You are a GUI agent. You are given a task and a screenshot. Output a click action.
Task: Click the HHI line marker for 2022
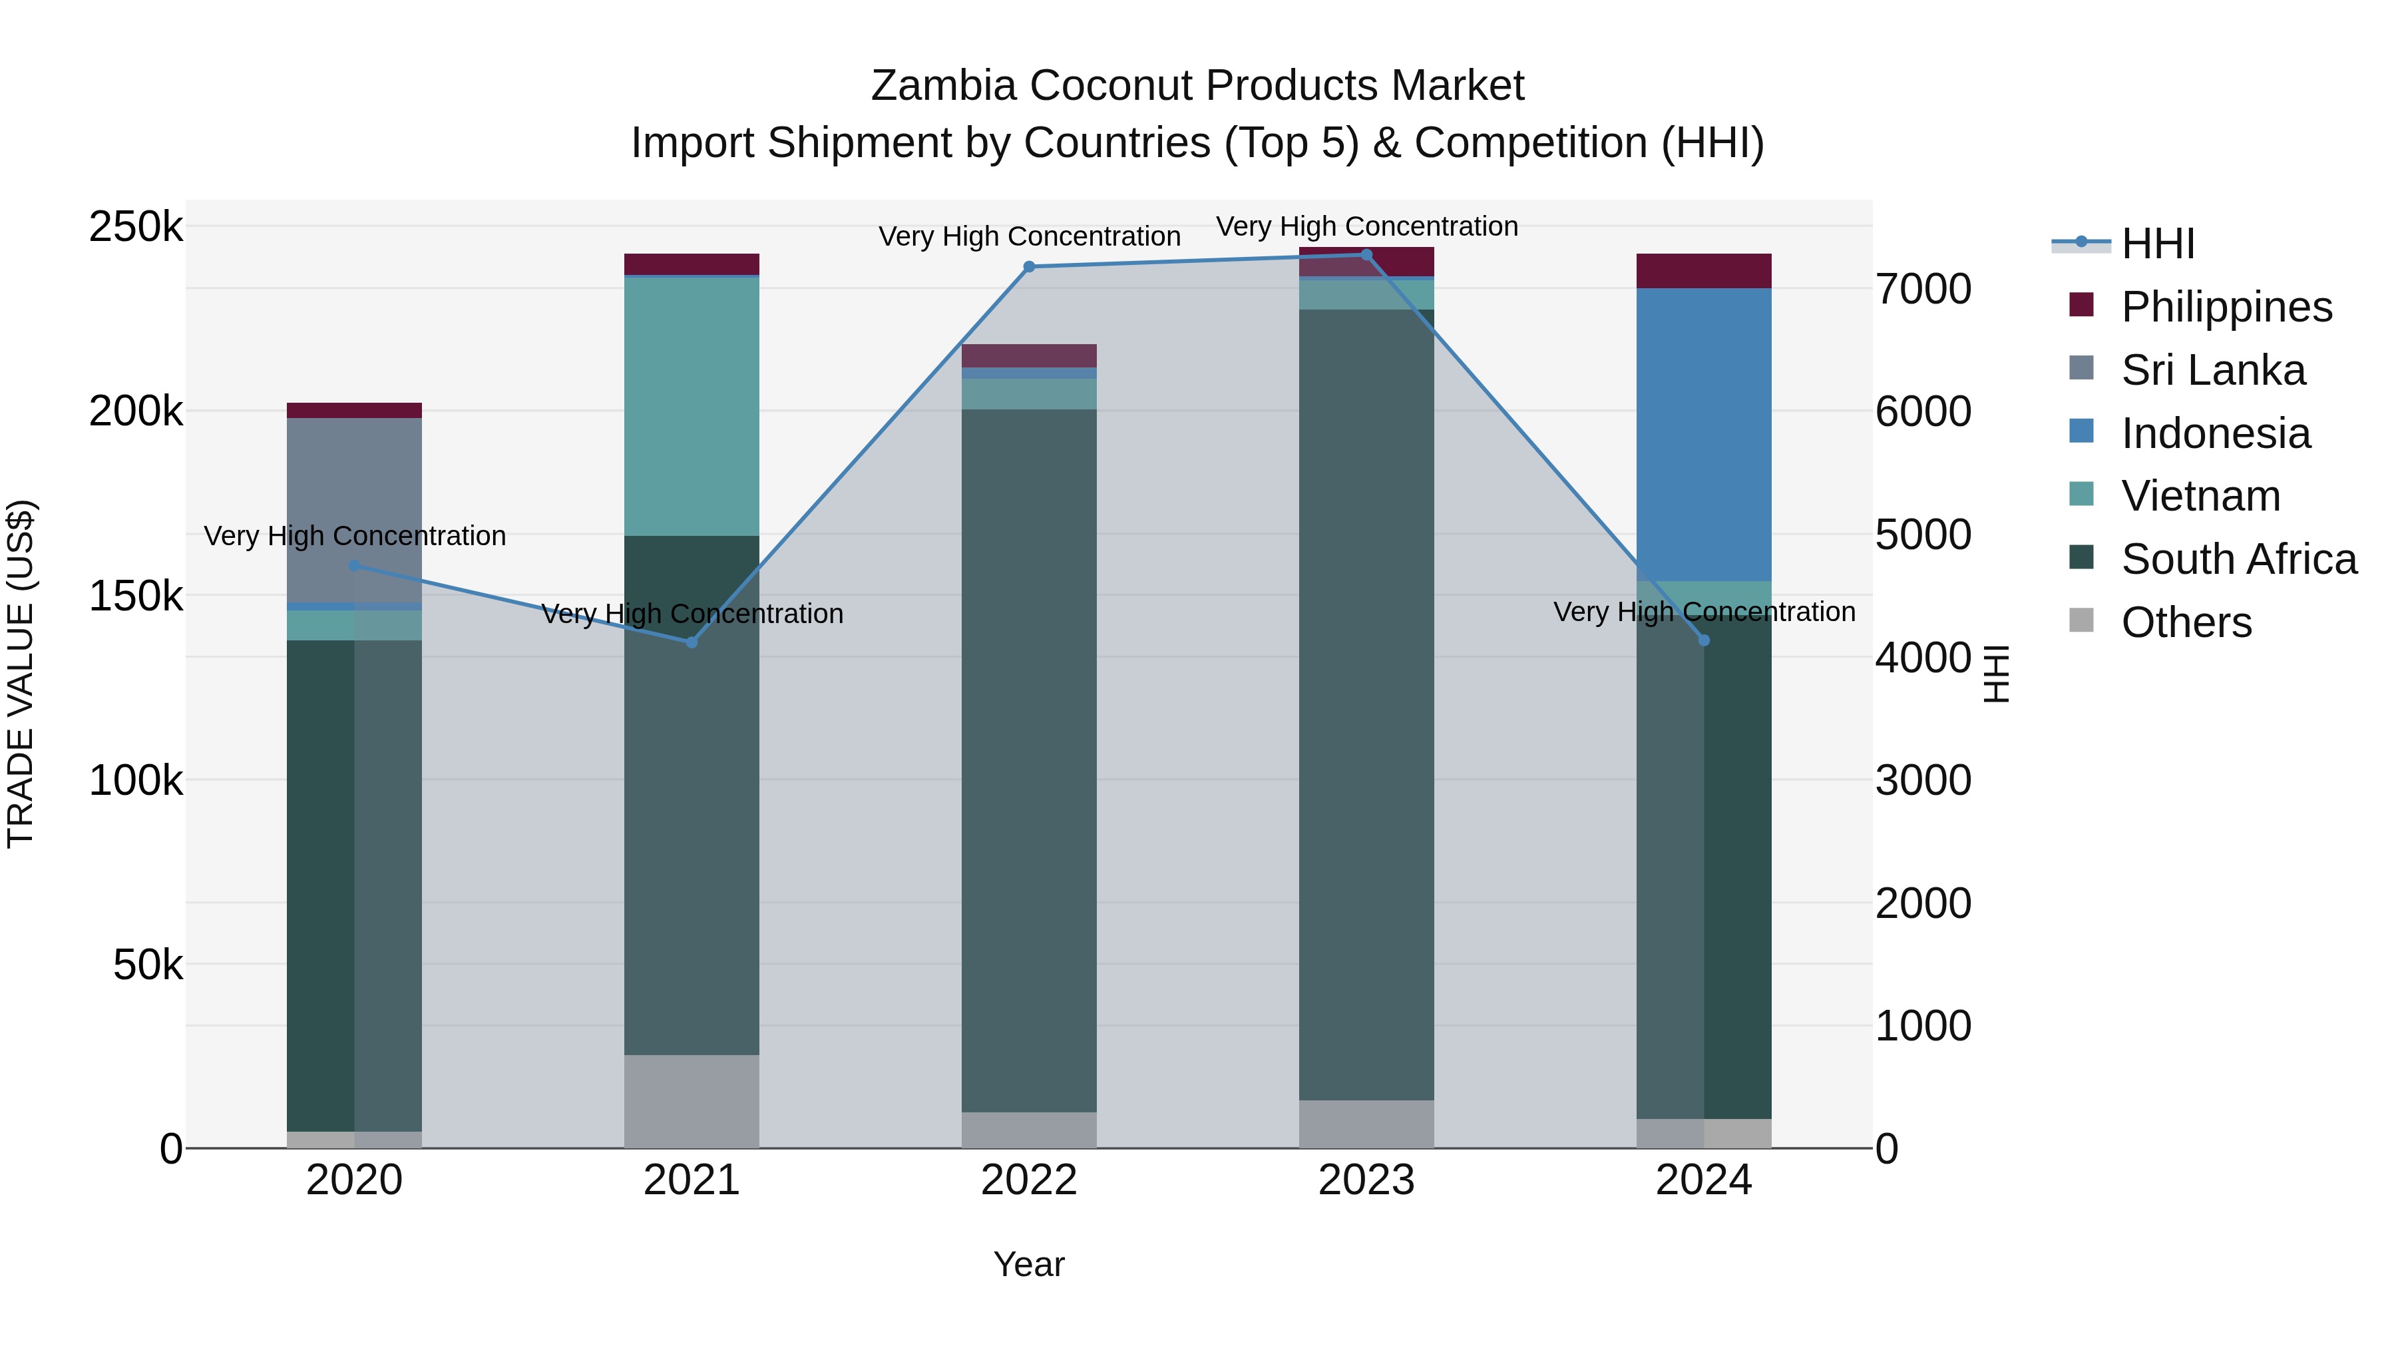[1029, 267]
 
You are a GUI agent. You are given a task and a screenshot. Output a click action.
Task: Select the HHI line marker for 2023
[1366, 255]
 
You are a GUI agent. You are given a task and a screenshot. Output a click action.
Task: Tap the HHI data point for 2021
[691, 643]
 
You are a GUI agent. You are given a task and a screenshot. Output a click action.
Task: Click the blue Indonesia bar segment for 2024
[1704, 435]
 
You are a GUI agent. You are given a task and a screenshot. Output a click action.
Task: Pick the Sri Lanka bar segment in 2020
[354, 510]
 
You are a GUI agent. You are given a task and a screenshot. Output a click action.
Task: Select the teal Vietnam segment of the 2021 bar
[691, 407]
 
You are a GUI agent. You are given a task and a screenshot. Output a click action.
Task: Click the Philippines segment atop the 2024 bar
[1704, 271]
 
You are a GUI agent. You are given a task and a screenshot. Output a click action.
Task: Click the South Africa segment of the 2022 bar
[1029, 760]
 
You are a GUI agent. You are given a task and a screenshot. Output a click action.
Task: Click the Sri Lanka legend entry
[2213, 370]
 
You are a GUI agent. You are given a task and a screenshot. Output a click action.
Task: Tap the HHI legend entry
[2157, 244]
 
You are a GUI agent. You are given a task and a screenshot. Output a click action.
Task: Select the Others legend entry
[2186, 622]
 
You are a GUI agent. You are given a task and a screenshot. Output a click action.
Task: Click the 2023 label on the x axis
[1366, 1180]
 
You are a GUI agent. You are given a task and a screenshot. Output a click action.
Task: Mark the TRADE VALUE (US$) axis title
[21, 674]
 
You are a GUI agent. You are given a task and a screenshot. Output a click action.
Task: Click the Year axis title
[1029, 1264]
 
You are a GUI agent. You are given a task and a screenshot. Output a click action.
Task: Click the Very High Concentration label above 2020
[354, 536]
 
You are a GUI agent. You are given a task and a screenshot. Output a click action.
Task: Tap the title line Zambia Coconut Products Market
[1197, 86]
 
